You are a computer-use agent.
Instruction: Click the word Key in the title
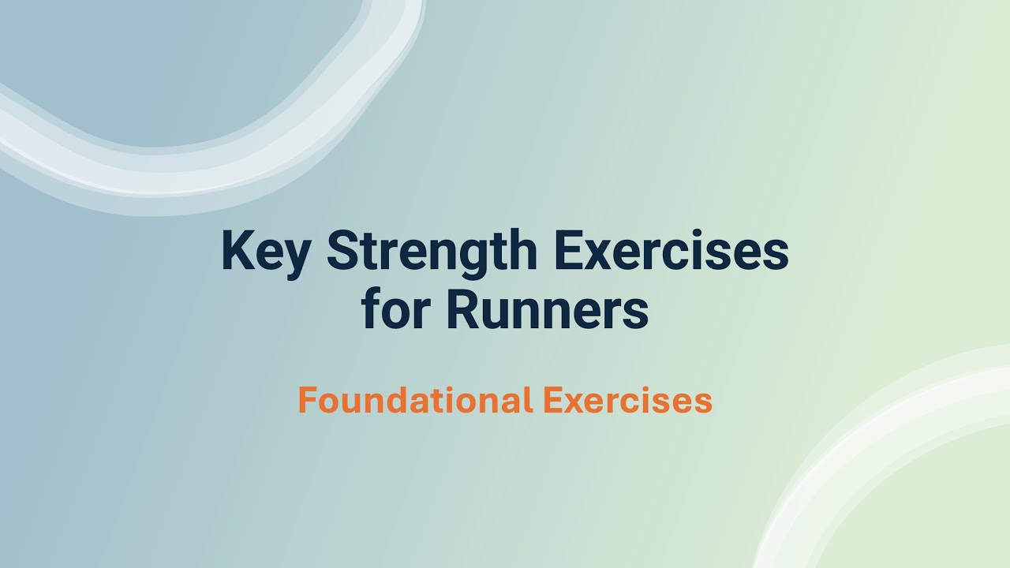coord(265,251)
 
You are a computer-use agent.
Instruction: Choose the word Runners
coord(547,309)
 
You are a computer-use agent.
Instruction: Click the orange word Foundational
coord(415,400)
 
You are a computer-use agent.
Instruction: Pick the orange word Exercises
coord(627,400)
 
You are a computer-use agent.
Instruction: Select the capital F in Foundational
coord(306,400)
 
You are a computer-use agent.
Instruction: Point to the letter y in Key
coord(295,256)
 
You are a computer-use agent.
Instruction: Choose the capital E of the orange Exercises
coord(551,400)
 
